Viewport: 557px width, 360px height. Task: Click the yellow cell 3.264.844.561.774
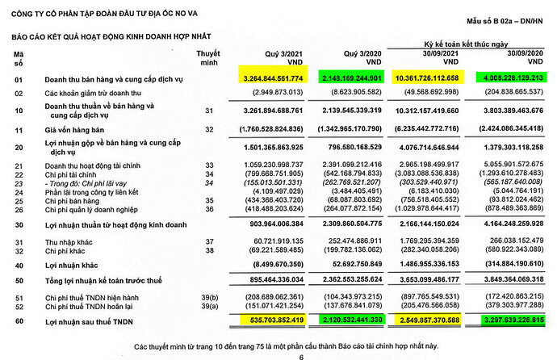click(x=274, y=77)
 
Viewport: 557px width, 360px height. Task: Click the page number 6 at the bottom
click(x=278, y=354)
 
